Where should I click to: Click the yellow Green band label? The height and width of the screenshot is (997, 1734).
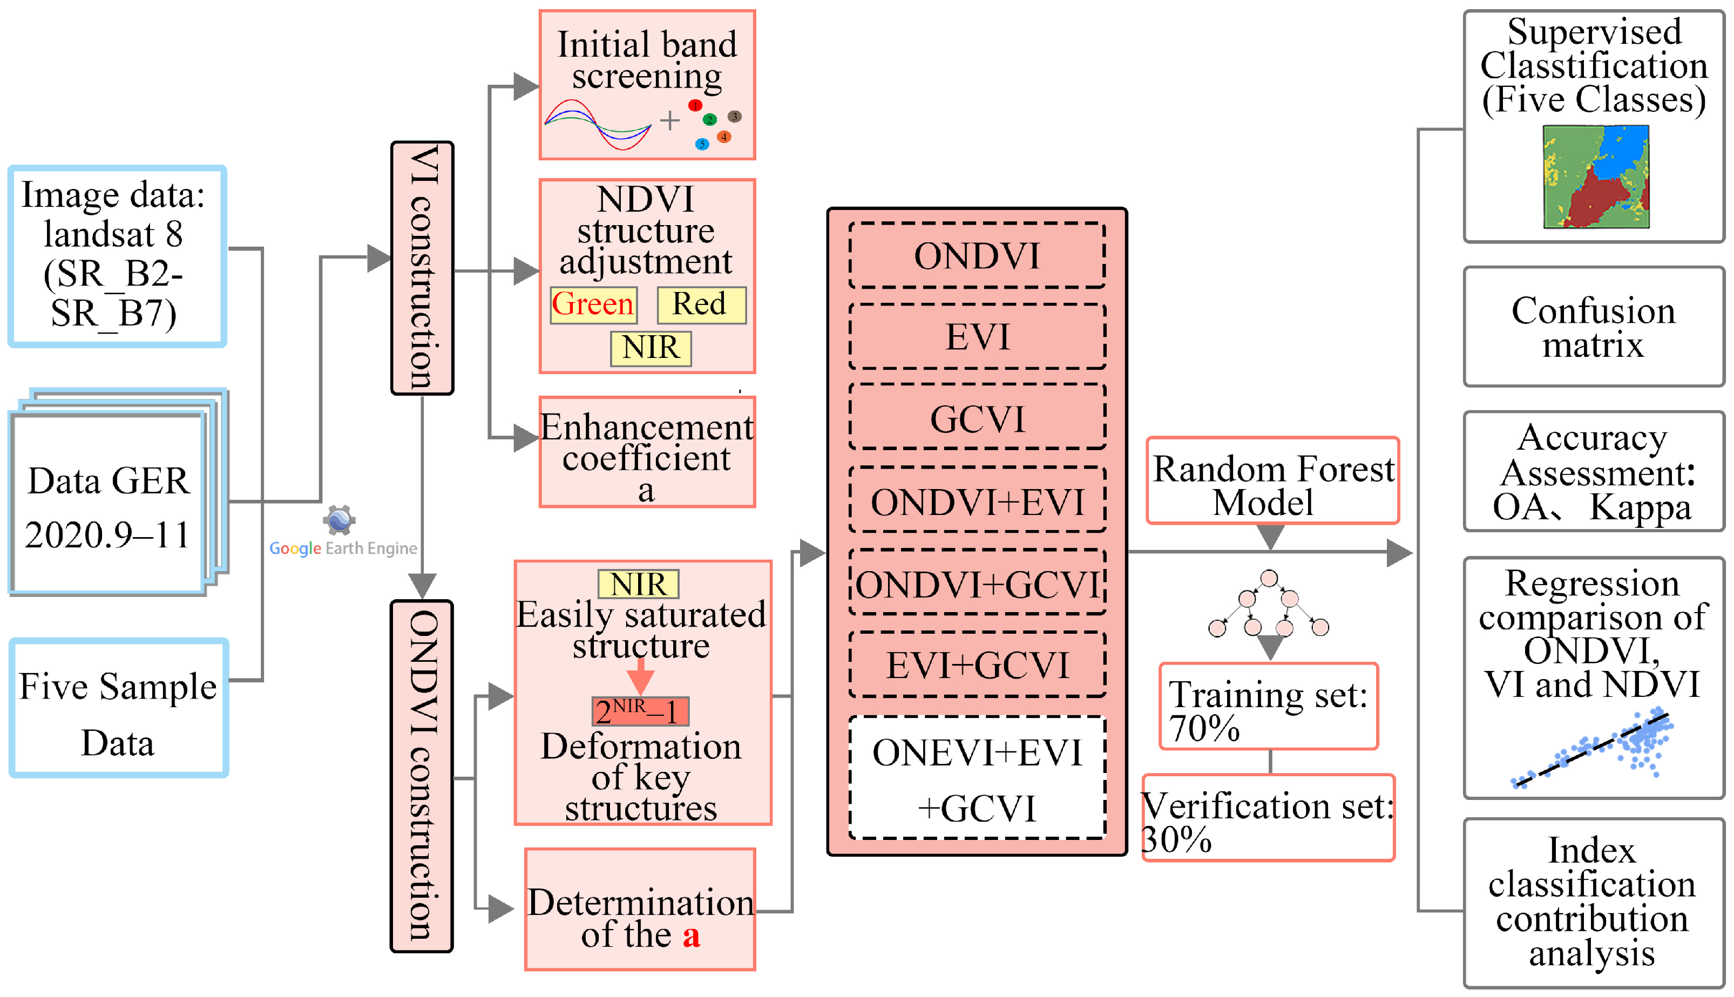(593, 305)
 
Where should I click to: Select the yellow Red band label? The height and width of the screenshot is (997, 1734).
(701, 305)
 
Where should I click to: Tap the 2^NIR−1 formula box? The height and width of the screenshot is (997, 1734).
(640, 711)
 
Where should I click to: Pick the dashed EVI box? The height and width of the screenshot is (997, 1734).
(977, 337)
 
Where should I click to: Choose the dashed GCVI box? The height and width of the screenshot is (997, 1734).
(977, 418)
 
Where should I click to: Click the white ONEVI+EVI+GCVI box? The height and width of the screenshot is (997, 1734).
(977, 778)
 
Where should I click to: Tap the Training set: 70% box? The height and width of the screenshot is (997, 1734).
(1268, 707)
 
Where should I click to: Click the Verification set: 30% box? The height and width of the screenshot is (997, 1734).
(1268, 818)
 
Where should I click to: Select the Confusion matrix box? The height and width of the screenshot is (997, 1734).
(1593, 327)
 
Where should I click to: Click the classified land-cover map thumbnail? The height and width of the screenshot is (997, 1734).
(1596, 177)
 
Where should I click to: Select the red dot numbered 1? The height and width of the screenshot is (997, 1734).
(695, 105)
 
